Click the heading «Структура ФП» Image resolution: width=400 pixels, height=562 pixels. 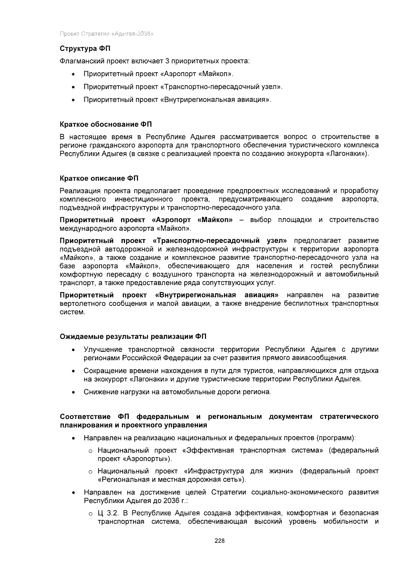(x=85, y=49)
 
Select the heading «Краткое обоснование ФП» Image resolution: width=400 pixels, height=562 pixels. (x=106, y=125)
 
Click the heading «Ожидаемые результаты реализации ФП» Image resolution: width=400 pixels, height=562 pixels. (x=133, y=336)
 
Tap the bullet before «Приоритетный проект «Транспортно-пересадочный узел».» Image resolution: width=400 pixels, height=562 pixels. (x=72, y=88)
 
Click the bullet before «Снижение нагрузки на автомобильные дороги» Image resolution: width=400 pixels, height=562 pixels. (x=72, y=392)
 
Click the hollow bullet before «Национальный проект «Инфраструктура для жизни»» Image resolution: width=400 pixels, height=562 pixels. (x=90, y=472)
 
